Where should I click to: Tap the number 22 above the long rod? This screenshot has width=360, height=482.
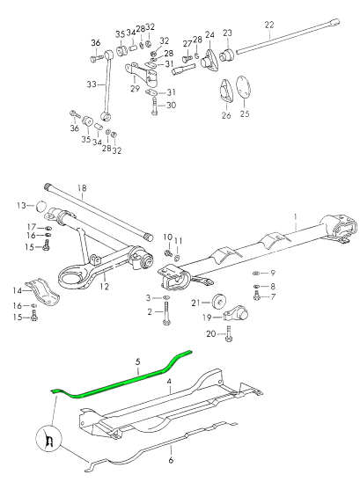tap(269, 25)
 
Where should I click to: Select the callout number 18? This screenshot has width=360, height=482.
tap(82, 188)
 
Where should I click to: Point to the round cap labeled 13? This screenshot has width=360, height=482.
tap(40, 206)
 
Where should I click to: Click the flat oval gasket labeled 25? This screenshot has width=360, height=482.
tap(244, 87)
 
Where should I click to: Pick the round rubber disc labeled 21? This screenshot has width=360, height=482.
tap(218, 302)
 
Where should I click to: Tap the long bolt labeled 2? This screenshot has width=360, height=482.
tap(166, 313)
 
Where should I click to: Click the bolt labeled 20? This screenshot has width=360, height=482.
tap(229, 334)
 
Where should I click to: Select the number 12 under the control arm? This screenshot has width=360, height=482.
tap(105, 287)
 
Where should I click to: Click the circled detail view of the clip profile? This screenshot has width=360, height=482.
tap(49, 439)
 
